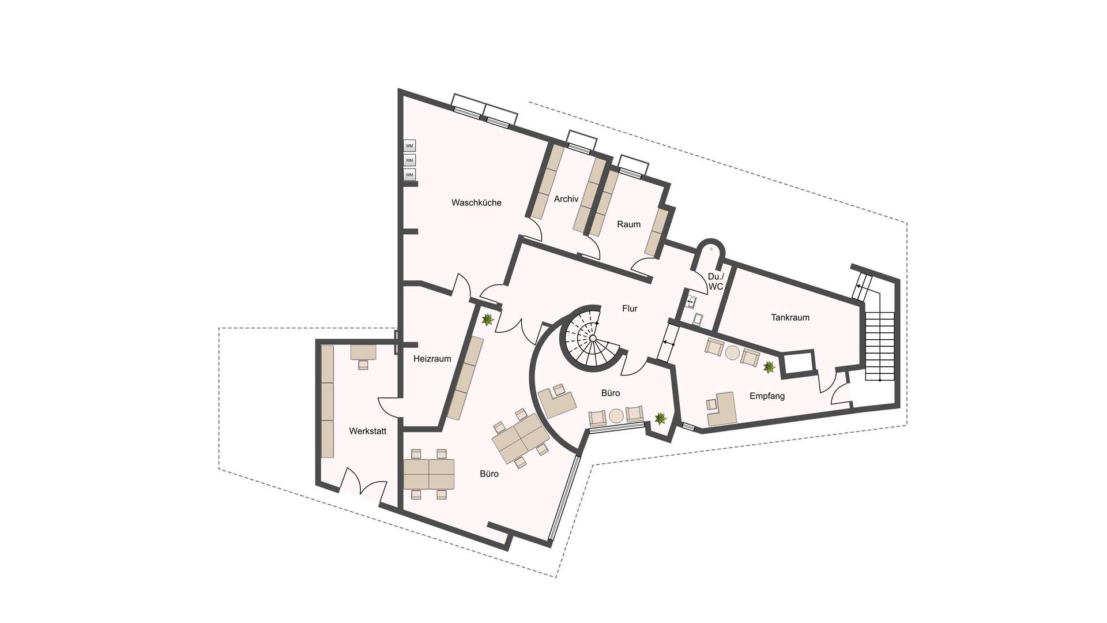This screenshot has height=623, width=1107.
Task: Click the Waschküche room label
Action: tap(476, 203)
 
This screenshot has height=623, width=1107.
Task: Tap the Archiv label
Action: tap(566, 199)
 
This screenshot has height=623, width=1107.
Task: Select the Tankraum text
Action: tap(790, 317)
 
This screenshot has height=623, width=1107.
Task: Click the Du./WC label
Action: tap(716, 282)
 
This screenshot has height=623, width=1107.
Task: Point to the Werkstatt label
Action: tap(367, 431)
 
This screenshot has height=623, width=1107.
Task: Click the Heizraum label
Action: tap(432, 359)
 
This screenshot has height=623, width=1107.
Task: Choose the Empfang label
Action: tap(767, 396)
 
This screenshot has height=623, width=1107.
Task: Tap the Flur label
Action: tap(630, 309)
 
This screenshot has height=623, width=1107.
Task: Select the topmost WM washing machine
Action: tap(409, 146)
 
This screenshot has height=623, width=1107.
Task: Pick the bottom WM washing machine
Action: tap(409, 174)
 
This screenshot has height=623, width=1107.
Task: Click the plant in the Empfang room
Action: tap(769, 367)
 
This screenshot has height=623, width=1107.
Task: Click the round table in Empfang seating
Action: tap(732, 353)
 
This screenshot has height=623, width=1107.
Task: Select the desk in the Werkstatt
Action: tap(363, 352)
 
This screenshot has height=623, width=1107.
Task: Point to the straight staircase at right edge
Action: tap(879, 346)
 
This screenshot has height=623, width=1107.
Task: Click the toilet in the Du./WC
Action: tap(698, 318)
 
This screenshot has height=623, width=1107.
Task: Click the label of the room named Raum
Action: tap(628, 224)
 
